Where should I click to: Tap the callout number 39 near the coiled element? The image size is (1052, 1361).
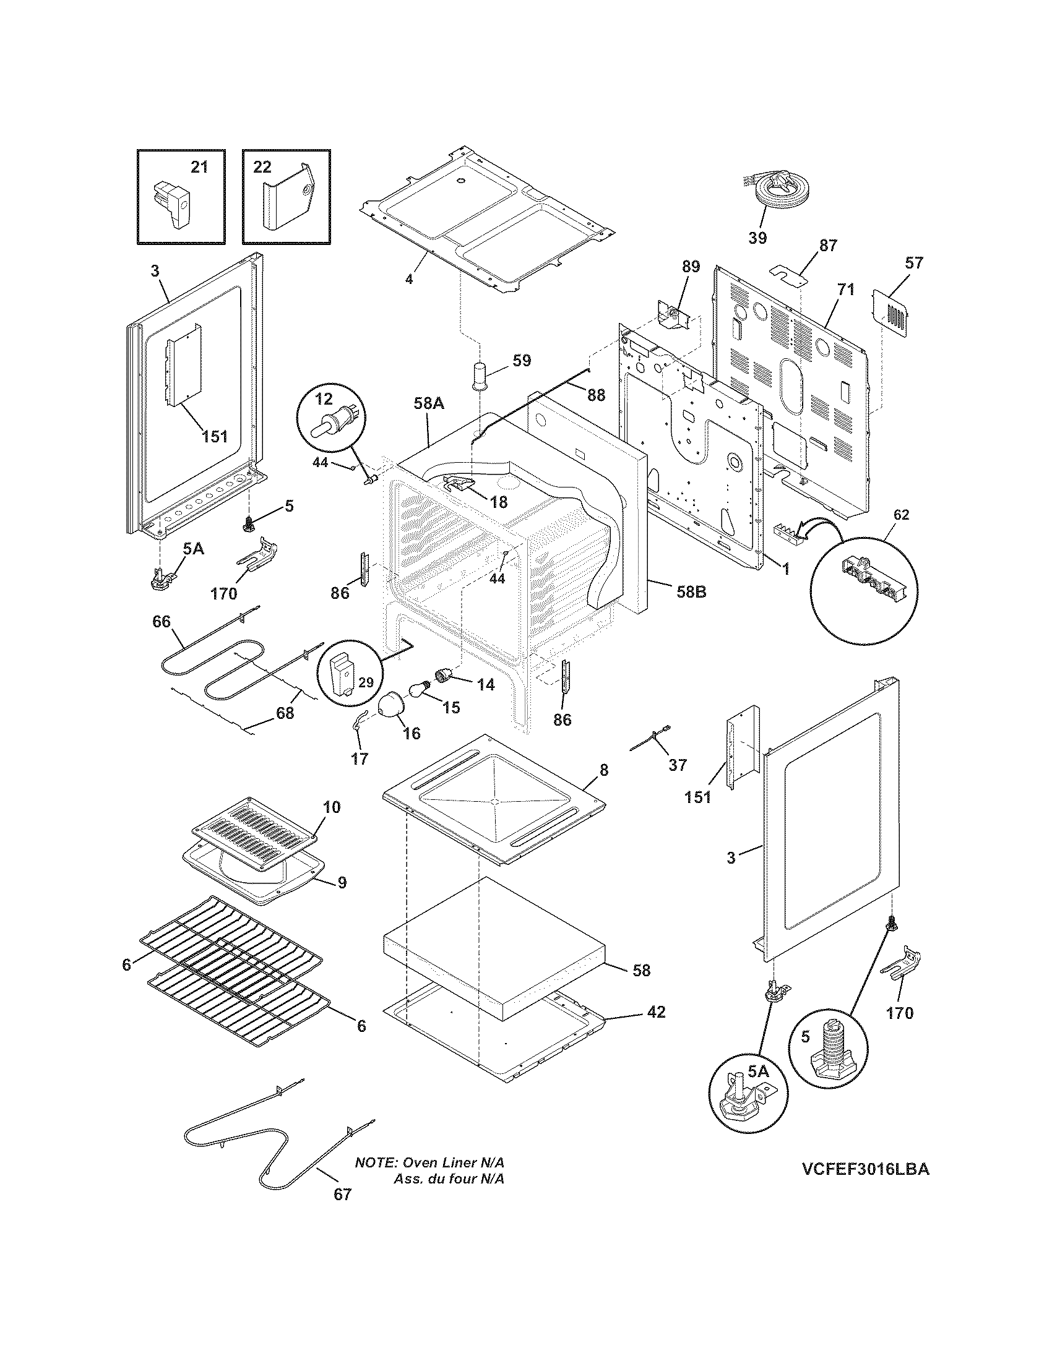point(757,238)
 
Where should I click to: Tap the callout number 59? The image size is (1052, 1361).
point(521,361)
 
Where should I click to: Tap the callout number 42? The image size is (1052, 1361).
point(656,1012)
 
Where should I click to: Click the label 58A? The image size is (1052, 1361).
point(428,404)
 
